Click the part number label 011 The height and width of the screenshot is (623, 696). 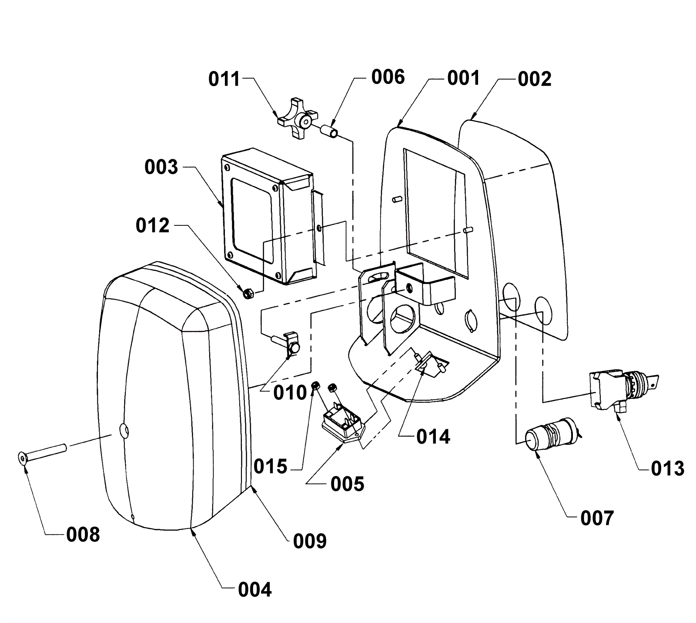tap(224, 79)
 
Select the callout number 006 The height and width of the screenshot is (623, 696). tap(388, 77)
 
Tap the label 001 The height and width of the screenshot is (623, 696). tap(463, 78)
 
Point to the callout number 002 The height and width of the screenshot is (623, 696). tap(535, 79)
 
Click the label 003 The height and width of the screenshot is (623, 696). tap(161, 167)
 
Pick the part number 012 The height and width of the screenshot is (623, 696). tap(152, 226)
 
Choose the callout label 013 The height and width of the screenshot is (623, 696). tap(668, 469)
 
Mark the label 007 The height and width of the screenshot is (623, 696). tap(597, 518)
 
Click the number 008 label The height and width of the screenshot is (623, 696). tap(83, 535)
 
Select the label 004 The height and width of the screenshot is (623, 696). tap(255, 590)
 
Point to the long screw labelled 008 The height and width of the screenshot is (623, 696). tap(43, 451)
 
